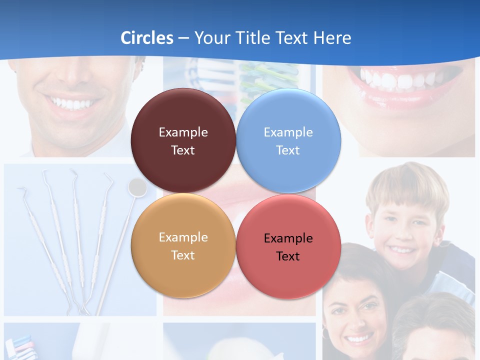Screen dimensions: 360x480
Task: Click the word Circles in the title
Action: tap(147, 38)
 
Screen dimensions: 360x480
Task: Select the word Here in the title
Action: tap(332, 38)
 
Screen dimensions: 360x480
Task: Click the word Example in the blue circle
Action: tap(288, 132)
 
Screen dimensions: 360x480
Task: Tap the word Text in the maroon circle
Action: tap(183, 150)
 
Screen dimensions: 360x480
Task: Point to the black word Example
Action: tap(288, 238)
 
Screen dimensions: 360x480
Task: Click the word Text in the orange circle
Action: tap(183, 255)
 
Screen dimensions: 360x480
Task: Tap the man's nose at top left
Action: tap(75, 75)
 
